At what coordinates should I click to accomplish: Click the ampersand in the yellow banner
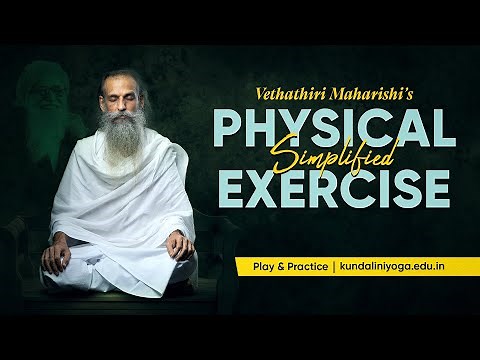272,267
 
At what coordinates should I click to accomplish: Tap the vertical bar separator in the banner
331,267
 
